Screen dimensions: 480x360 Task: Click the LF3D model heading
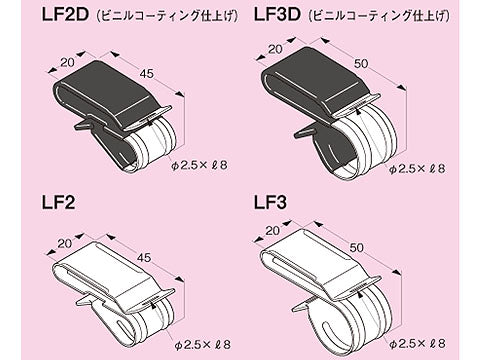click(283, 16)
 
